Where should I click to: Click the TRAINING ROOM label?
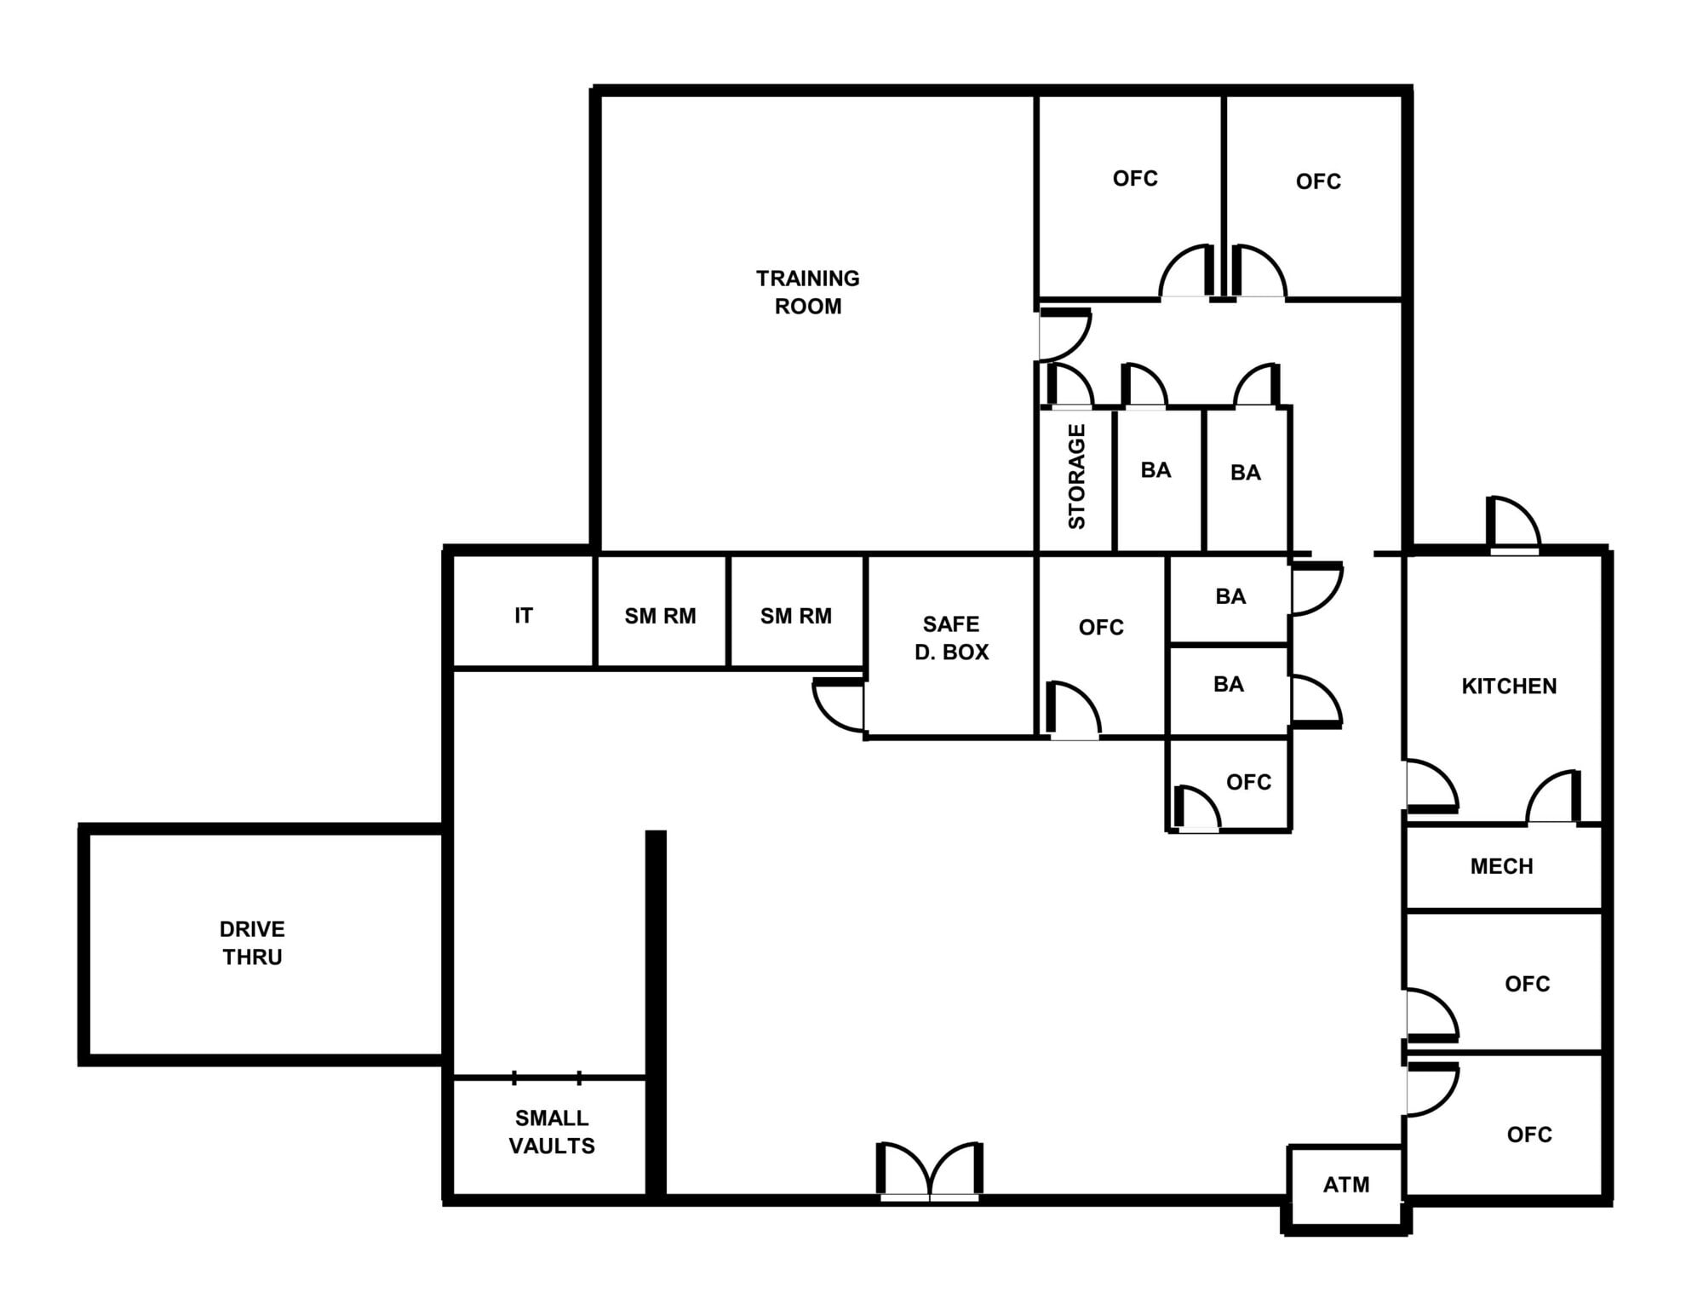pyautogui.click(x=807, y=291)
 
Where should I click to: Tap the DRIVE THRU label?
pyautogui.click(x=252, y=942)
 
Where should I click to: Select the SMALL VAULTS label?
pyautogui.click(x=551, y=1131)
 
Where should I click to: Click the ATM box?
pyautogui.click(x=1345, y=1184)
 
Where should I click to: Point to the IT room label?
pyautogui.click(x=523, y=615)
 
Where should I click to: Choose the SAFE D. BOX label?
pyautogui.click(x=951, y=637)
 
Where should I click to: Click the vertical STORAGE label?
pyautogui.click(x=1076, y=476)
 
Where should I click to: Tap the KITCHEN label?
pyautogui.click(x=1509, y=686)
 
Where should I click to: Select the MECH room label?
pyautogui.click(x=1501, y=866)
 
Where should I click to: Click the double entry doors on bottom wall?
pyautogui.click(x=930, y=1174)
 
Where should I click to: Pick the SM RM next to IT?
pyautogui.click(x=660, y=615)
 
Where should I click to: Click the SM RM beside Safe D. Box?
pyautogui.click(x=795, y=615)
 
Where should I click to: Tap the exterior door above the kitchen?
pyautogui.click(x=1513, y=525)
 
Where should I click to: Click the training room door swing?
pyautogui.click(x=1063, y=335)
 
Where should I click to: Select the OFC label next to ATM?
pyautogui.click(x=1529, y=1134)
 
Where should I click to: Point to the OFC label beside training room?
pyautogui.click(x=1135, y=178)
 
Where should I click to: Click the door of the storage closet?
pyautogui.click(x=1069, y=388)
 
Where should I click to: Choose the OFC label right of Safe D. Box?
pyautogui.click(x=1101, y=627)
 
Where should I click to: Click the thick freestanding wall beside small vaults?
pyautogui.click(x=655, y=1014)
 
